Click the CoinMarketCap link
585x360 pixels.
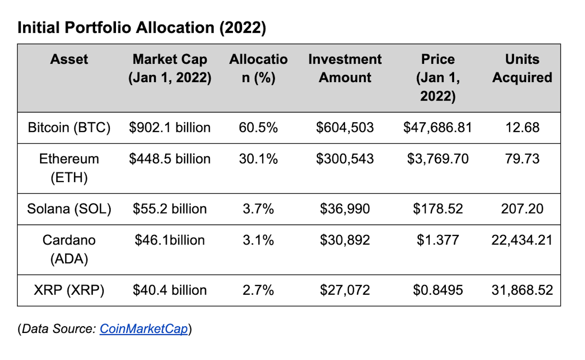coord(143,329)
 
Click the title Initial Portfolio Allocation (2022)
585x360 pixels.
coord(142,28)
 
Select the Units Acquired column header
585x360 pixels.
coord(522,68)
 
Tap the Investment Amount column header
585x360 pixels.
coord(345,68)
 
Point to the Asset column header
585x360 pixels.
coord(69,59)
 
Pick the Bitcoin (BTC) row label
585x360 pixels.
coord(69,128)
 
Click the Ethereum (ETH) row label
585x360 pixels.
coord(69,168)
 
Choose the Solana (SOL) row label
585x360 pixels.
coord(69,209)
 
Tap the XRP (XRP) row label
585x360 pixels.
coord(69,290)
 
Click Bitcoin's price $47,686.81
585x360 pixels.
coord(438,128)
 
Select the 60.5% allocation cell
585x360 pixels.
coord(258,128)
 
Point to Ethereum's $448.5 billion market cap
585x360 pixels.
coord(170,158)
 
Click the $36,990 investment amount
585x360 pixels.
coord(345,209)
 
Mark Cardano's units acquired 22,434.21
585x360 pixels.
coord(522,240)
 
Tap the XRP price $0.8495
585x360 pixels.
coord(438,290)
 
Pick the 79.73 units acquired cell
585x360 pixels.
coord(522,158)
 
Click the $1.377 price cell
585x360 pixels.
coord(438,240)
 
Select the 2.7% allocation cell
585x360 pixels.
coord(258,290)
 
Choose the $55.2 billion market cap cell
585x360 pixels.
coord(170,209)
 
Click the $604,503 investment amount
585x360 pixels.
coord(345,128)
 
